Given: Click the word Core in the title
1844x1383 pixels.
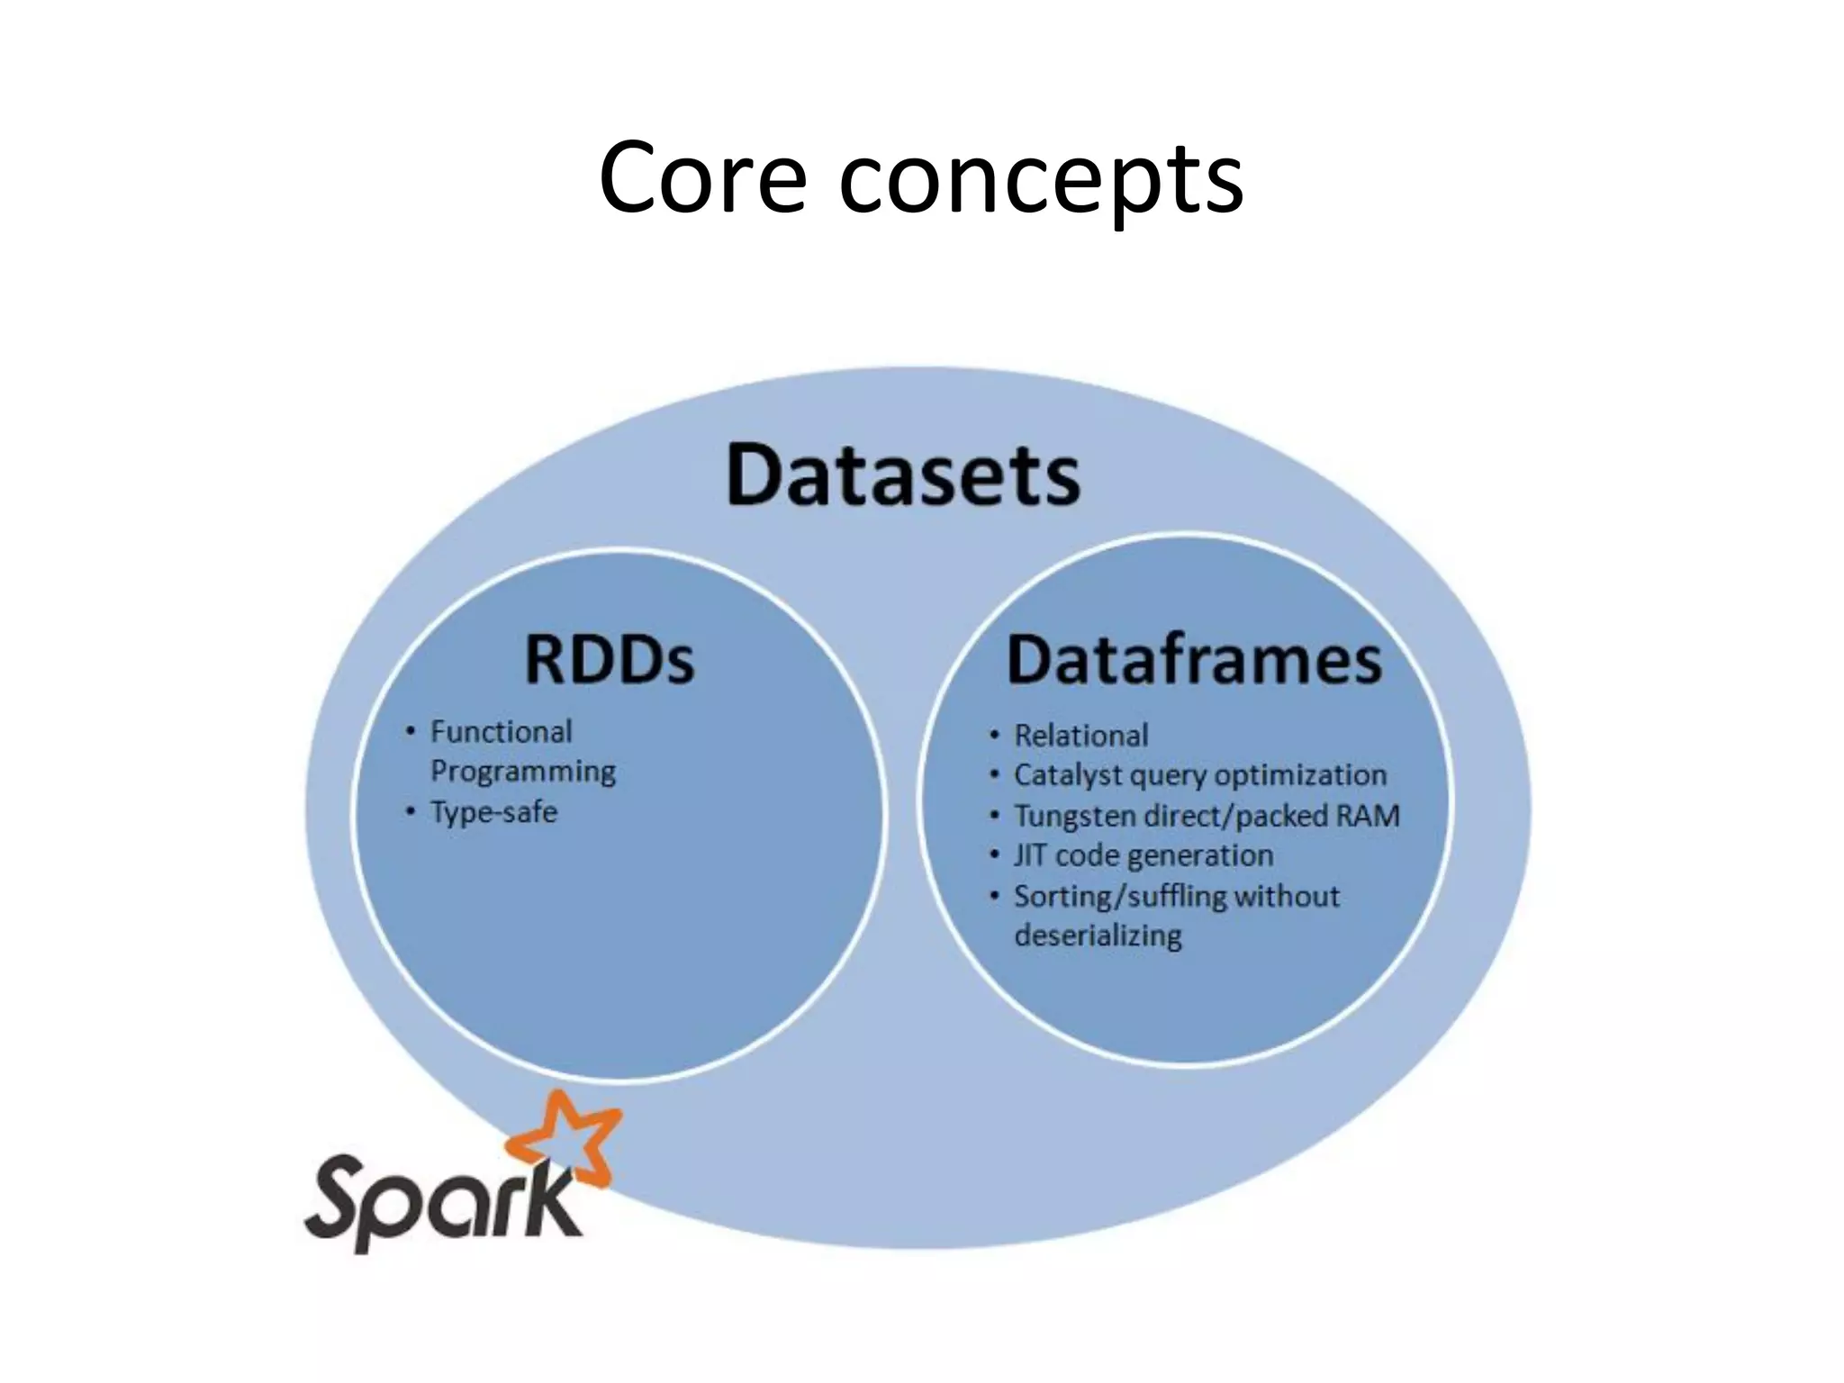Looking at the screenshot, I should [x=701, y=178].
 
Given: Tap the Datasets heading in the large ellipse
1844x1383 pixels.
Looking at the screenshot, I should [x=903, y=475].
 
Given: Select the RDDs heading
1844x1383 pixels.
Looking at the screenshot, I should [x=610, y=660].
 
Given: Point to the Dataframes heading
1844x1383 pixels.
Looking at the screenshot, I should [x=1194, y=660].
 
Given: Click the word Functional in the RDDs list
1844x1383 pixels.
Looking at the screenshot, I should [x=501, y=732].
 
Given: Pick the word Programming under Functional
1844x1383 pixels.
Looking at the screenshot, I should [x=523, y=772].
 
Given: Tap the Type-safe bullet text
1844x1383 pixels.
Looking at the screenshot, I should [x=493, y=812].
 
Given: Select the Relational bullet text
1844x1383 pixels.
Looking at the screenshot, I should [x=1080, y=736].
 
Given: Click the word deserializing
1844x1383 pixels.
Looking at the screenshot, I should [x=1098, y=936].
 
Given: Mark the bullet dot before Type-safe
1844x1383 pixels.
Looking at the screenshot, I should [x=411, y=812].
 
